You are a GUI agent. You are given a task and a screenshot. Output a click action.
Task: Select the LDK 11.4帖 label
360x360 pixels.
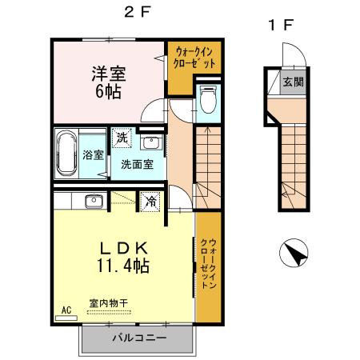121,255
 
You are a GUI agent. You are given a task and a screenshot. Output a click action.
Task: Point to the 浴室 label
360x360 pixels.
92,154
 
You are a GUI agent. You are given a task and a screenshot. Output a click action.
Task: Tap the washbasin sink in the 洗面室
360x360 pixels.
149,143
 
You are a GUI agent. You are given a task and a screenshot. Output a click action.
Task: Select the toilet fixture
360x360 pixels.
208,100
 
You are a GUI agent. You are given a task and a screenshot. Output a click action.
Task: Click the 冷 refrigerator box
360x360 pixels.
150,201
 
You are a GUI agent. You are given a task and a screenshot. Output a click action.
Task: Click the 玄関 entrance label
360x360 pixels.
292,82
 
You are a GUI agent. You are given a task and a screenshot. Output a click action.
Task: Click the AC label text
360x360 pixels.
66,308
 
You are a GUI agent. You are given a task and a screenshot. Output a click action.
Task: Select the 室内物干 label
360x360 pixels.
108,303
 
